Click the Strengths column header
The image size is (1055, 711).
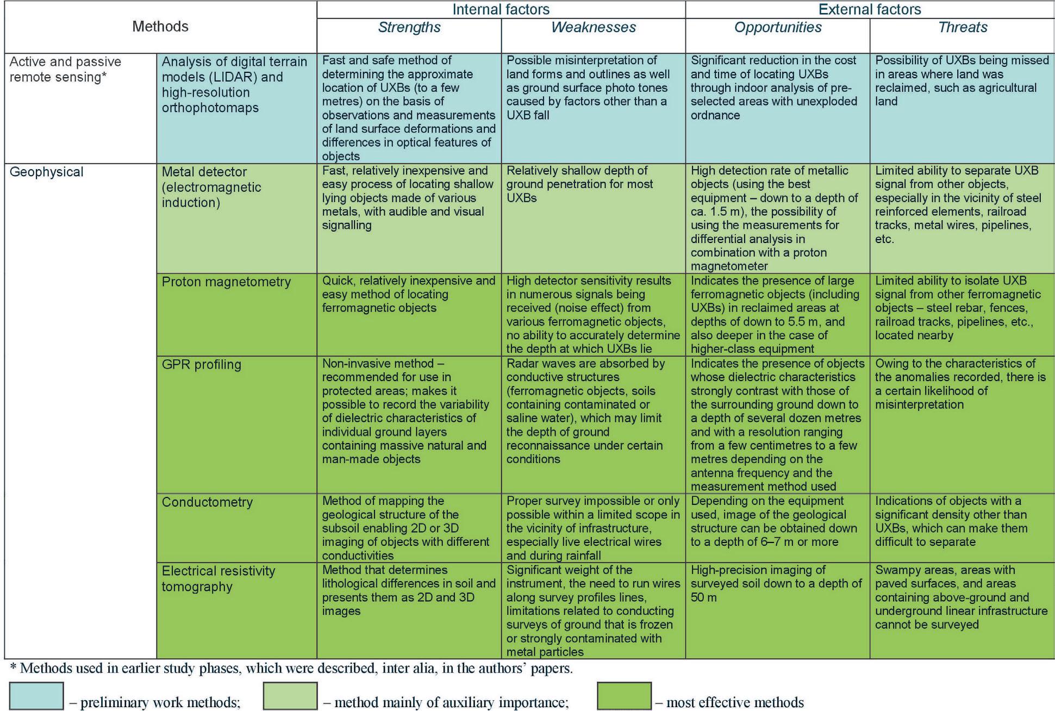pyautogui.click(x=409, y=28)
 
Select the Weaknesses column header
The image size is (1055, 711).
pyautogui.click(x=593, y=28)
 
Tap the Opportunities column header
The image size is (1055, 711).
pyautogui.click(x=777, y=28)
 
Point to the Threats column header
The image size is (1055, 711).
pyautogui.click(x=962, y=28)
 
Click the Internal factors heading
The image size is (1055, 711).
pyautogui.click(x=501, y=9)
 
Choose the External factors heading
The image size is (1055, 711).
pyautogui.click(x=870, y=9)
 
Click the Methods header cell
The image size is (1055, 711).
pyautogui.click(x=160, y=27)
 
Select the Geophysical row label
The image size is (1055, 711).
pyautogui.click(x=47, y=172)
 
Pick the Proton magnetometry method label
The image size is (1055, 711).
pyautogui.click(x=226, y=282)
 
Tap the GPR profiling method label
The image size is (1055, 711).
pyautogui.click(x=201, y=365)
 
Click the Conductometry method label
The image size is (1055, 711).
pyautogui.click(x=207, y=502)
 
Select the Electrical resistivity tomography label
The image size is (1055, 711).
pyautogui.click(x=219, y=579)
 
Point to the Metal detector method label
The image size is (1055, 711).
pyautogui.click(x=211, y=188)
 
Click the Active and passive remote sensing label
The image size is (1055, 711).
pyautogui.click(x=65, y=70)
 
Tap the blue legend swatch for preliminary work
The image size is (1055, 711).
pyautogui.click(x=36, y=696)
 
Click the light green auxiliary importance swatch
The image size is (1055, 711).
pyautogui.click(x=290, y=696)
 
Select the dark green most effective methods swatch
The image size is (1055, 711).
pyautogui.click(x=624, y=696)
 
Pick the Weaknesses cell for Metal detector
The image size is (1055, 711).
pyautogui.click(x=593, y=217)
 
